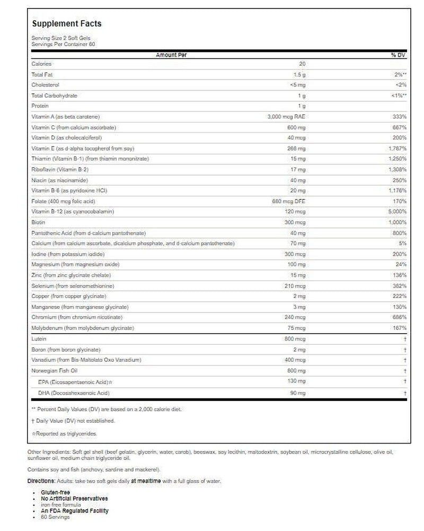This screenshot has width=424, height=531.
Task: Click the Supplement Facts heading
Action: click(67, 24)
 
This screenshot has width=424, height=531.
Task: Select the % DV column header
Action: click(397, 55)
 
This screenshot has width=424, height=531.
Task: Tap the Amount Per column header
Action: click(171, 55)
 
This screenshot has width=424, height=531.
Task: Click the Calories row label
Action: click(41, 64)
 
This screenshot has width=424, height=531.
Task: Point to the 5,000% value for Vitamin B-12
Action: click(397, 212)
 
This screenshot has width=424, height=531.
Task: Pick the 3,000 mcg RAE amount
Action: click(287, 117)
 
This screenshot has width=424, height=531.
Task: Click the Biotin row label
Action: click(38, 222)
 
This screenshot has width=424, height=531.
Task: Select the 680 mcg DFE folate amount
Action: click(289, 201)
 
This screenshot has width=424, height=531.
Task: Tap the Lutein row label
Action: click(39, 339)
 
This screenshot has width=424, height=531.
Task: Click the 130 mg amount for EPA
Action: click(297, 381)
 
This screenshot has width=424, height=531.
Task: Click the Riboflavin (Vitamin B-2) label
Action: click(59, 170)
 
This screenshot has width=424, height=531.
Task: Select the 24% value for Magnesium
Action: click(401, 265)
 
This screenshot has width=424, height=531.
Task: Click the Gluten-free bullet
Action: click(55, 492)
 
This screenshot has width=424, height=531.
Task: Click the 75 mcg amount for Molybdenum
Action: click(298, 328)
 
